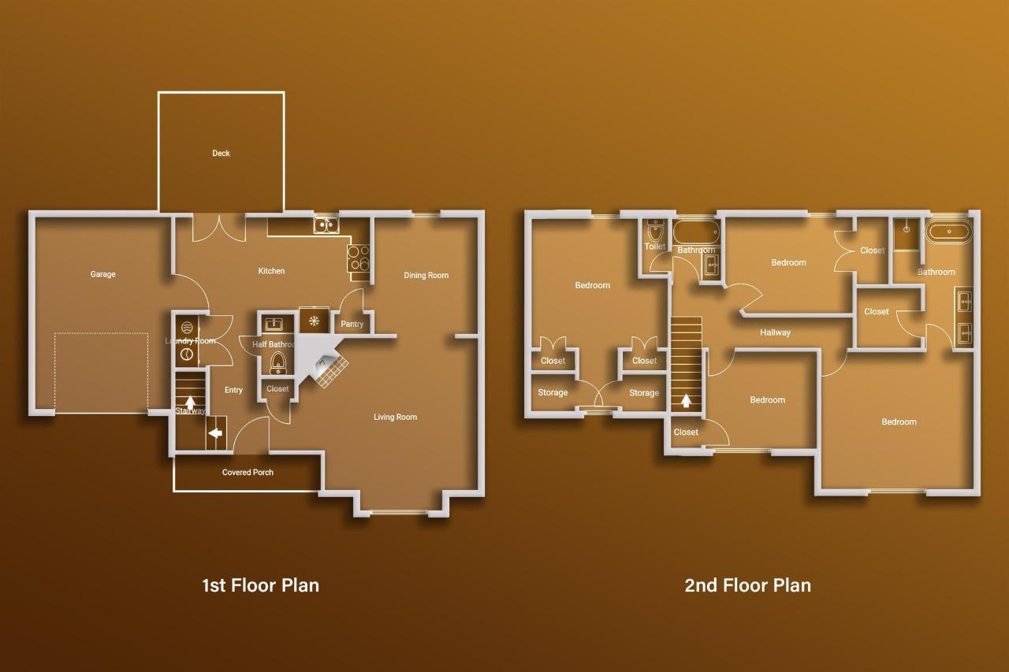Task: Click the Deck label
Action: click(221, 153)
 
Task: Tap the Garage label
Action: click(102, 274)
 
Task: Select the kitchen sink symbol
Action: click(326, 225)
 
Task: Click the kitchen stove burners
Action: click(359, 258)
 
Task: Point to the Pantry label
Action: click(352, 324)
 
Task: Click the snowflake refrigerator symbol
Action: click(314, 321)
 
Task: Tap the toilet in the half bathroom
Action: click(278, 362)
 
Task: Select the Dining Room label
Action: click(426, 275)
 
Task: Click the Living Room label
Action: click(395, 417)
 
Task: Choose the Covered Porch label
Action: click(248, 472)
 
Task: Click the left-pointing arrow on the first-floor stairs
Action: click(216, 433)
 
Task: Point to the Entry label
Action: click(233, 390)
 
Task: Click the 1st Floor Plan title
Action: click(260, 585)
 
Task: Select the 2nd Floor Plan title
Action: click(748, 585)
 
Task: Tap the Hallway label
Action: click(775, 332)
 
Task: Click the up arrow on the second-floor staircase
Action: click(686, 400)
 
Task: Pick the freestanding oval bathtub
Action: click(948, 232)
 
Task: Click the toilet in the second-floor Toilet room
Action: click(655, 232)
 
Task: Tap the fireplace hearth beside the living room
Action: click(331, 370)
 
